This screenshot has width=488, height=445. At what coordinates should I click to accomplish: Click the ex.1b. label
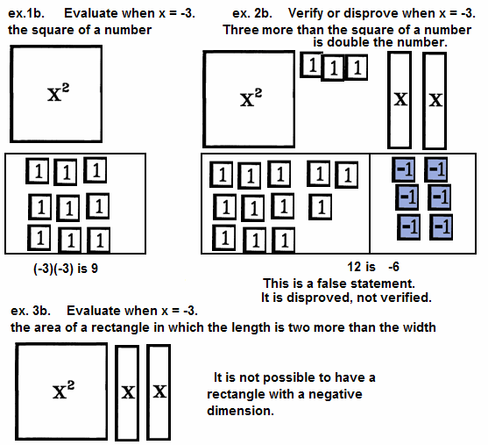tap(26, 13)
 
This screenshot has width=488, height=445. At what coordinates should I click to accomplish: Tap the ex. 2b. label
tap(252, 13)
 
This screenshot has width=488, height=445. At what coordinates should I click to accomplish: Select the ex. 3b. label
tap(31, 311)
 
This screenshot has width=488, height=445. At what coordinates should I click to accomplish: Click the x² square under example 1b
tap(56, 94)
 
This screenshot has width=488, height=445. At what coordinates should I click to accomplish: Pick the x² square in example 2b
tap(249, 99)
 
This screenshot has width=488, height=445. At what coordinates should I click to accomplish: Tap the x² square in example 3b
tap(61, 391)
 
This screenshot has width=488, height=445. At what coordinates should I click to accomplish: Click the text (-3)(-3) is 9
tap(66, 269)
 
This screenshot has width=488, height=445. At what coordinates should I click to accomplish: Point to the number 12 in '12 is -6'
tap(354, 267)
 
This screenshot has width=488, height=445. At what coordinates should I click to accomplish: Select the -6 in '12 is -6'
tap(393, 267)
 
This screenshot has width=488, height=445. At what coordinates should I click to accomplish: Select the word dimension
tap(240, 411)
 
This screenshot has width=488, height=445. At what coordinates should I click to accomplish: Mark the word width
tap(419, 327)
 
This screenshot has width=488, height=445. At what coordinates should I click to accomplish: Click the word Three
tap(241, 30)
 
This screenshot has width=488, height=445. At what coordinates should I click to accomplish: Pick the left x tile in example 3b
tap(127, 392)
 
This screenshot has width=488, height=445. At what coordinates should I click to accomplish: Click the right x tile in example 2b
tap(435, 101)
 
